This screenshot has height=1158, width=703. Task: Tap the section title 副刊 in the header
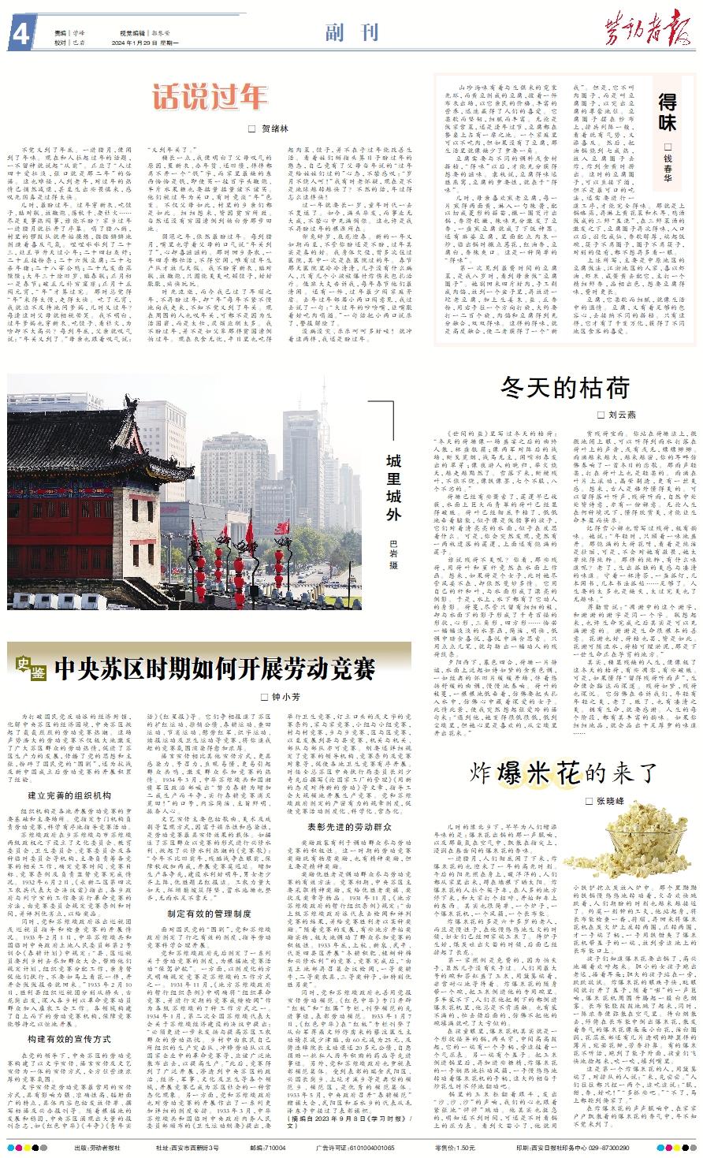[x=351, y=32]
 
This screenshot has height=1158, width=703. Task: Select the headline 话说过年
[x=211, y=97]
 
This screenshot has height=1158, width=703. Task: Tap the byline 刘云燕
[x=621, y=414]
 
